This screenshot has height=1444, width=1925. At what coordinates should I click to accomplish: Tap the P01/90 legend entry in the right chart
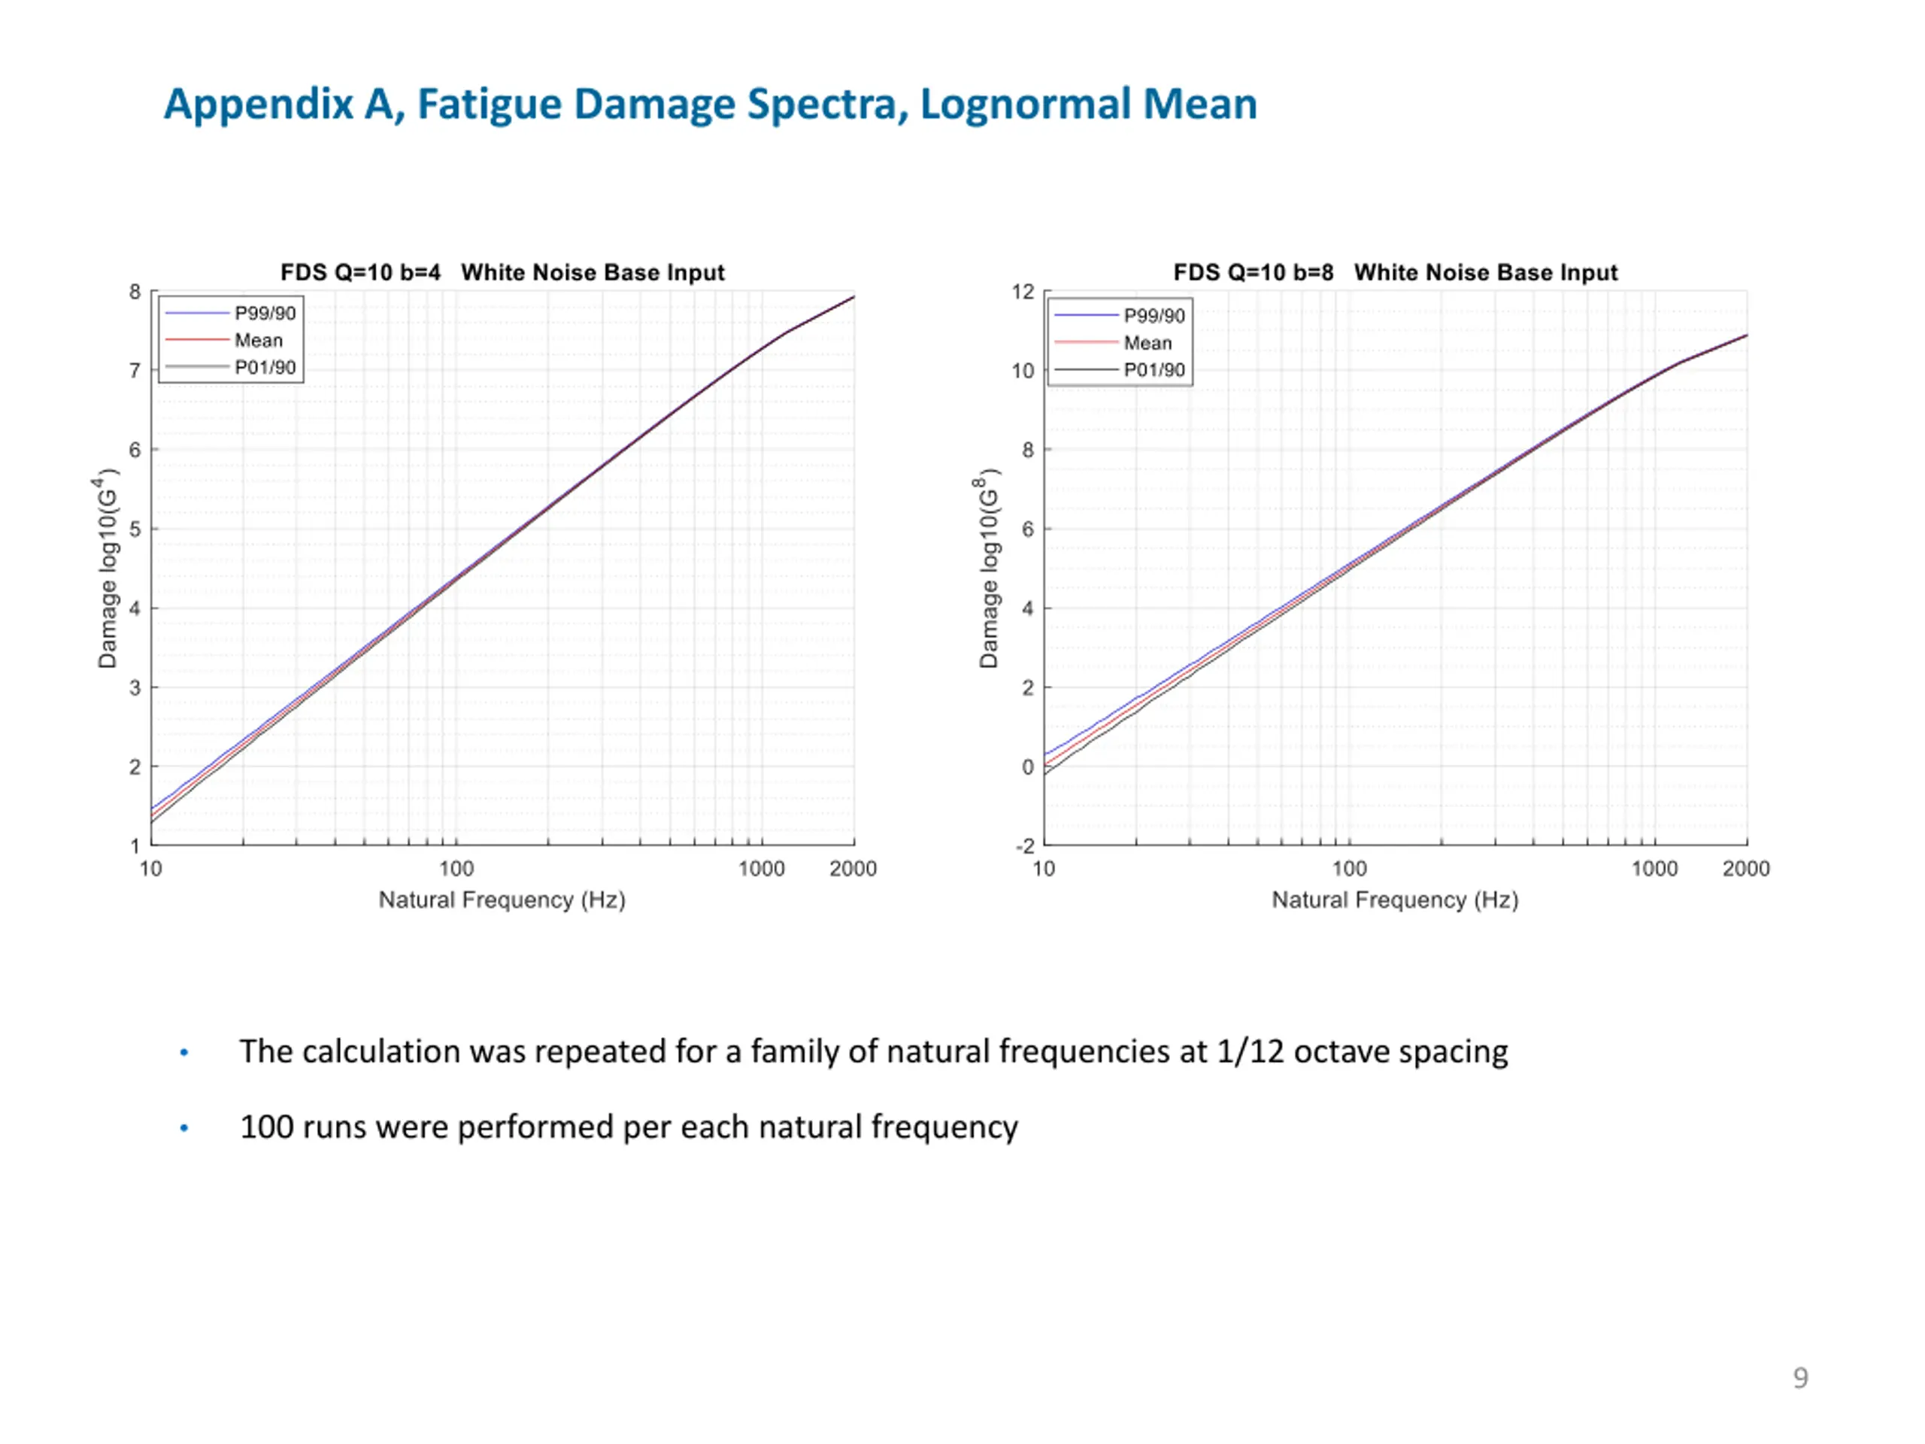tap(1154, 370)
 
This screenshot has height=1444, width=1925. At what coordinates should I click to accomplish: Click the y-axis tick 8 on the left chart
tap(135, 292)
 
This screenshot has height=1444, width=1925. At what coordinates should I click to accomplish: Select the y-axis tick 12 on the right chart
tap(1023, 292)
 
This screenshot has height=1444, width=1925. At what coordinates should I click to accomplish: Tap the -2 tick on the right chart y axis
tap(1024, 846)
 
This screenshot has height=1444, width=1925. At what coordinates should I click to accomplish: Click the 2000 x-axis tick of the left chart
tap(853, 869)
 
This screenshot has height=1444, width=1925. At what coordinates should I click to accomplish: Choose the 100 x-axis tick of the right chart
tap(1349, 869)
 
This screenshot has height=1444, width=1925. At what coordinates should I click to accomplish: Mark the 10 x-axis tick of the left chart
tap(150, 869)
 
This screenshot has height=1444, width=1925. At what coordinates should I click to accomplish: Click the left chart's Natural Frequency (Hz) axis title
tap(502, 900)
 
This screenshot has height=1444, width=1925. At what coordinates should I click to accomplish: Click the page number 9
tap(1801, 1378)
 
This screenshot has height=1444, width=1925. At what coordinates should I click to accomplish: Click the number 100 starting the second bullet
tap(266, 1127)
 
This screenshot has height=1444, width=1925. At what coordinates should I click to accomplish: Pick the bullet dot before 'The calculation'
tap(183, 1053)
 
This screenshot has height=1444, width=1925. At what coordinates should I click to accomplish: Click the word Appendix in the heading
tap(259, 105)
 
